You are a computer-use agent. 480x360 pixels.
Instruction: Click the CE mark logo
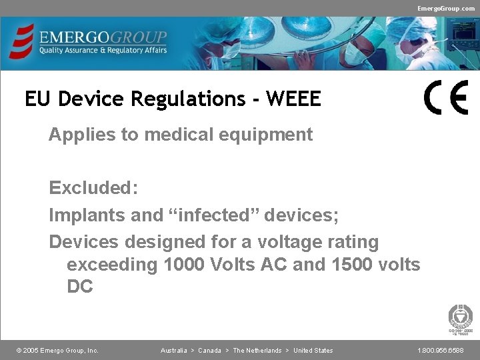coord(446,97)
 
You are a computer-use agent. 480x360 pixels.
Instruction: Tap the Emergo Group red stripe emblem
coord(23,41)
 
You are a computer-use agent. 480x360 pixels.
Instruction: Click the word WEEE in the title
coord(293,99)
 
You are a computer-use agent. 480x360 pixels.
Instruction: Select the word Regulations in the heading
coord(188,99)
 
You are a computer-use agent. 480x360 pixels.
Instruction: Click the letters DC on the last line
coord(80,287)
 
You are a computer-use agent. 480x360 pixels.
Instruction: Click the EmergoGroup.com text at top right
coord(446,8)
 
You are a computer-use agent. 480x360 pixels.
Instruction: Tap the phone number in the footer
coord(441,351)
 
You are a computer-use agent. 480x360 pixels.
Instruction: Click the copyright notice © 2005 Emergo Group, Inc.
coord(57,351)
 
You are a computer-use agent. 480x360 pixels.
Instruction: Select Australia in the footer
coord(173,351)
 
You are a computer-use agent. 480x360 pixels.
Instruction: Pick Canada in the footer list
coord(209,351)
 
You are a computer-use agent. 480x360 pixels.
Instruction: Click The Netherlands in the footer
coord(257,351)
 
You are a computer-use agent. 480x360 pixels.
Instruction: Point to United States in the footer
coord(313,351)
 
